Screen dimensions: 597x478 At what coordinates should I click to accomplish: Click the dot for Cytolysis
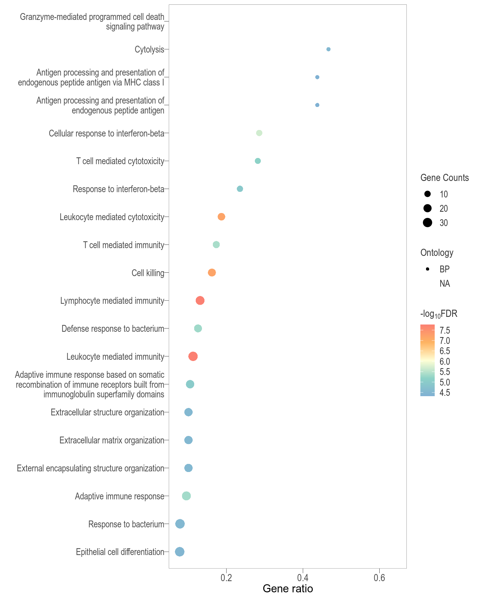pos(328,49)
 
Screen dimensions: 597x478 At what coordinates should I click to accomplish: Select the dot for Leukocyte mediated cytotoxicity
pos(221,217)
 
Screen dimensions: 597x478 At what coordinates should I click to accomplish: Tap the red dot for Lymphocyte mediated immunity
pos(200,301)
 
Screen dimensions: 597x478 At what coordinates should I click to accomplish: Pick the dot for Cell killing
pos(212,273)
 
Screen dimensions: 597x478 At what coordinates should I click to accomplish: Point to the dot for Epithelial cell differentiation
pos(180,552)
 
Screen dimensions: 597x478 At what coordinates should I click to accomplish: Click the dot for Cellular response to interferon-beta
pos(259,133)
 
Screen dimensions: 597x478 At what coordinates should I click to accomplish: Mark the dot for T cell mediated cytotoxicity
pos(258,161)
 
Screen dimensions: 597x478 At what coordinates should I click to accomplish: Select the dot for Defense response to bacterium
pos(198,328)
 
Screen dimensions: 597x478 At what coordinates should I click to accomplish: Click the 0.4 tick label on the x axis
pos(303,578)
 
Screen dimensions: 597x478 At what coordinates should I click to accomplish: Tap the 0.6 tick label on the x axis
pos(379,578)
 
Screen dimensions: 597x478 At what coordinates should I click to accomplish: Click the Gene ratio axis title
pos(288,589)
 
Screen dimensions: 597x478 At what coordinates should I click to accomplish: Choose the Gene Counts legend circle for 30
pos(427,223)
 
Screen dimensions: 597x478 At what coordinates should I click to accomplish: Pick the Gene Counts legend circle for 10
pos(427,194)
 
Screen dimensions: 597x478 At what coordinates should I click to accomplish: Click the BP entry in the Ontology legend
pos(444,269)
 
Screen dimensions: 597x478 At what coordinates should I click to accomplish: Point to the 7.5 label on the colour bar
pos(445,330)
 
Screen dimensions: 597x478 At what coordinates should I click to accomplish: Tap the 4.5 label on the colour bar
pos(445,393)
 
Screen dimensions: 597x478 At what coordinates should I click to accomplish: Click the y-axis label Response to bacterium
pos(126,524)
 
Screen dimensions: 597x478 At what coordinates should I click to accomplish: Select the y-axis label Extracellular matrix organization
pos(112,440)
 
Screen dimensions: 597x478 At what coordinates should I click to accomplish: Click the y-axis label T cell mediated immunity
pos(124,245)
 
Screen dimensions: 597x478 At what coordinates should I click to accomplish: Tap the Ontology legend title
pos(437,252)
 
